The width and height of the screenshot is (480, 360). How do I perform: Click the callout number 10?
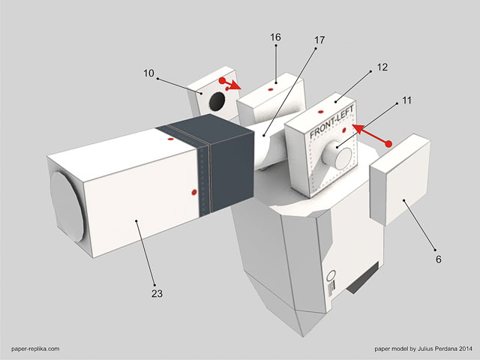coord(148,73)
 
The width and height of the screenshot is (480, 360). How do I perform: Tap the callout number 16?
coord(275,37)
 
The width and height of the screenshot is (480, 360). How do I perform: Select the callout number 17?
coord(319,40)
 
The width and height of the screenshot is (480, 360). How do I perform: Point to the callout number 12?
coord(382,67)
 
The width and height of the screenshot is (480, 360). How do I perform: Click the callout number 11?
coord(406,100)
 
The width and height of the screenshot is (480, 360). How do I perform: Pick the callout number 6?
coord(438,259)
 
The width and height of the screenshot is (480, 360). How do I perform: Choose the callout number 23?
coord(157,293)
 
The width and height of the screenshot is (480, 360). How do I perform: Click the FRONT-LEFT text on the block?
coord(331,121)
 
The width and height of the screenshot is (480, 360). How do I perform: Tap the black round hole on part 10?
coord(217,101)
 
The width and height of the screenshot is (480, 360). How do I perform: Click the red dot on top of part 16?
coord(270,89)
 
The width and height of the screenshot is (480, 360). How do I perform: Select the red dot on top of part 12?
coord(320,112)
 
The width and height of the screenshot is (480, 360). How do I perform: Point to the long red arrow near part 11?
coord(372,135)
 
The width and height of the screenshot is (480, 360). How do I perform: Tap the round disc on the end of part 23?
coord(67,206)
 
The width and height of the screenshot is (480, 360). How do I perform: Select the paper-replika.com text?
coord(35,349)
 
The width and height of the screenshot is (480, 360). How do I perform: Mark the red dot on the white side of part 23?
coord(194,192)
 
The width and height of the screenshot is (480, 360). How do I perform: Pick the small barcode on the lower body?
coord(331,288)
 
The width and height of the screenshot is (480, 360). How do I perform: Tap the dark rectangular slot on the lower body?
coord(363,278)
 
